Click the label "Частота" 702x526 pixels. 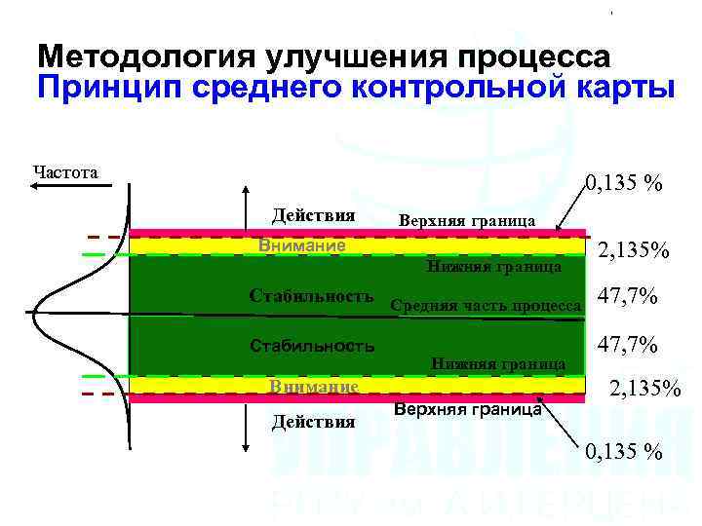pyautogui.click(x=65, y=172)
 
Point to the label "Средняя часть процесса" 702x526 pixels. pyautogui.click(x=486, y=306)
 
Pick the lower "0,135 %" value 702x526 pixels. pyautogui.click(x=624, y=451)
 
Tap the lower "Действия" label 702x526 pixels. pyautogui.click(x=313, y=422)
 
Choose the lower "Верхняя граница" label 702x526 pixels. pyautogui.click(x=468, y=410)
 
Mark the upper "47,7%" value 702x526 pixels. pyautogui.click(x=627, y=296)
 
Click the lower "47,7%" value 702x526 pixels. pyautogui.click(x=627, y=345)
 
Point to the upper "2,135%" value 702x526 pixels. pyautogui.click(x=633, y=251)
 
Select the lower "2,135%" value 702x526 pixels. pyautogui.click(x=644, y=391)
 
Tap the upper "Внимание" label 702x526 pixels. pyautogui.click(x=301, y=245)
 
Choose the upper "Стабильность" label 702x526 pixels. pyautogui.click(x=311, y=295)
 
